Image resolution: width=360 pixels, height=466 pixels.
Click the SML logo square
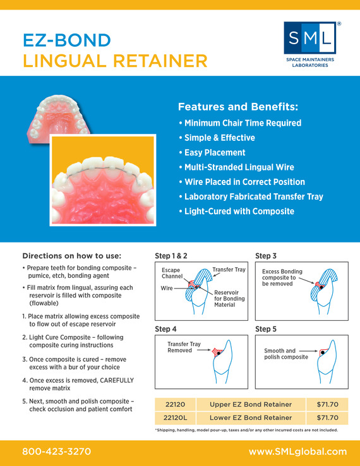309,38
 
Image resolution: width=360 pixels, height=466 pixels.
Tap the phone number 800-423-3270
56,451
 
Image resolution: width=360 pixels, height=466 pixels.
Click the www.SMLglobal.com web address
298,451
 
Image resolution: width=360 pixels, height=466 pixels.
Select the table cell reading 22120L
176,418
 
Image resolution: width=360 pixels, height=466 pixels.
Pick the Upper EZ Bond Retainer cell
251,405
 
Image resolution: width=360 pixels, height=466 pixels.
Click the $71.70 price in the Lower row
327,418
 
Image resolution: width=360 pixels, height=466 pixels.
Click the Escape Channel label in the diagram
172,273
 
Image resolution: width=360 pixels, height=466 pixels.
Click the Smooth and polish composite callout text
286,354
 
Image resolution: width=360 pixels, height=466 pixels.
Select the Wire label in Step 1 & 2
167,288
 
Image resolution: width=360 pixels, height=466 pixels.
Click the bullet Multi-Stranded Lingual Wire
237,167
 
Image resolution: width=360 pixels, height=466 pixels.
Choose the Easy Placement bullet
212,152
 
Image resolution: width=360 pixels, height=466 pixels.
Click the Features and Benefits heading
238,107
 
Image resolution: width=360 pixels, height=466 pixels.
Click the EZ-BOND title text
67,40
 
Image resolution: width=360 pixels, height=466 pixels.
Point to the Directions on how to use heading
72,256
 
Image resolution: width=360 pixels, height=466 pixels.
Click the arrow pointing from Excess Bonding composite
306,281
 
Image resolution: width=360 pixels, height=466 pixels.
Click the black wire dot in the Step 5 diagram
323,352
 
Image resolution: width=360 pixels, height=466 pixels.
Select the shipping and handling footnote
246,430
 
